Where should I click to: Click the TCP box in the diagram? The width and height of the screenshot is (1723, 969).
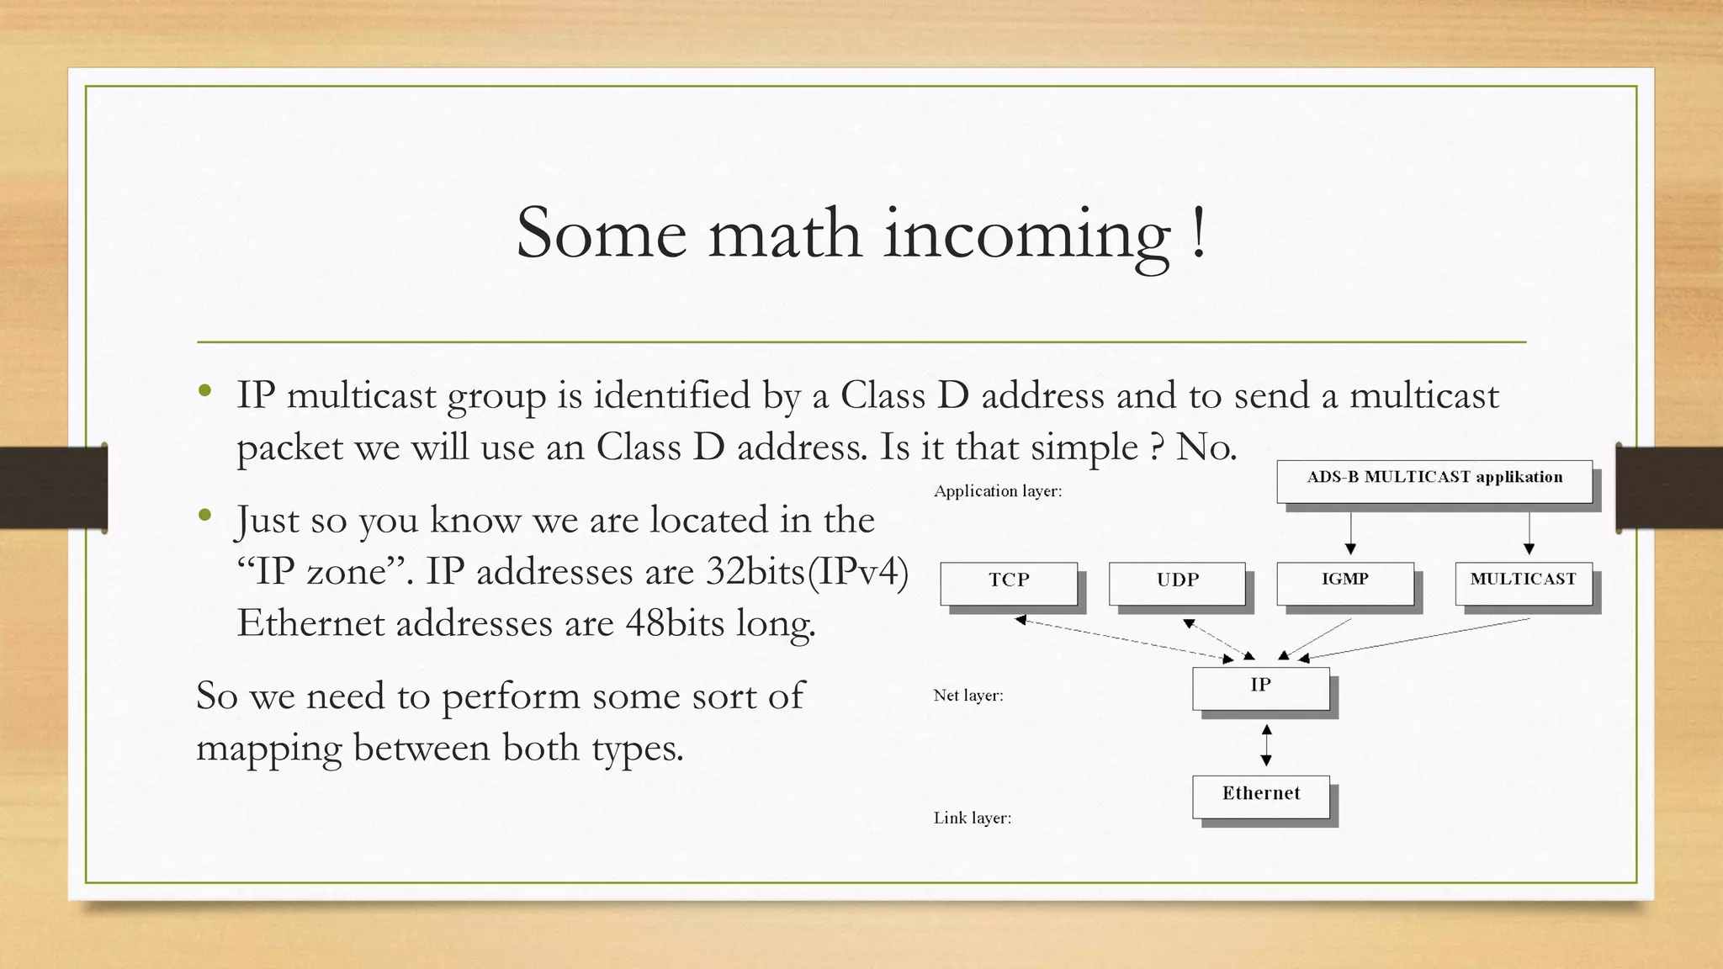[x=1008, y=582]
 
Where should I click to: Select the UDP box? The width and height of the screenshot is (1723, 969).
[x=1177, y=582]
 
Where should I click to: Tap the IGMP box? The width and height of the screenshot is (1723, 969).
[x=1344, y=582]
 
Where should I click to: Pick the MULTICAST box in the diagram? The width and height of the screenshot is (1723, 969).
[x=1524, y=582]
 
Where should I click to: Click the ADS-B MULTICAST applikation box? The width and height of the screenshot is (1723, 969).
[x=1434, y=480]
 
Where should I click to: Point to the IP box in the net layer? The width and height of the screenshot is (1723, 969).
[x=1260, y=687]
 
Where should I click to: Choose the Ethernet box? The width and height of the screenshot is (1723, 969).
[x=1260, y=796]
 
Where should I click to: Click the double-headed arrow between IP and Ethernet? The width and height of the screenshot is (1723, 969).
[x=1266, y=744]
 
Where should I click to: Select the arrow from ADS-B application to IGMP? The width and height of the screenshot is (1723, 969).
[x=1350, y=532]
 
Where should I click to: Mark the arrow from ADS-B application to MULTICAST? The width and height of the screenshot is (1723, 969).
[x=1529, y=532]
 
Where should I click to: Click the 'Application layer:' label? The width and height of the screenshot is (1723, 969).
[x=998, y=491]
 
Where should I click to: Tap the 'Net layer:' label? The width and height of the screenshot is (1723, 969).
[x=968, y=696]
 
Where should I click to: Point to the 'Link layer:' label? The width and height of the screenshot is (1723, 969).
[x=972, y=818]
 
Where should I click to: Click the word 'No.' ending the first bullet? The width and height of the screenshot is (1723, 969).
[x=1206, y=447]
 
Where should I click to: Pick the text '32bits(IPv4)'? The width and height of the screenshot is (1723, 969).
[x=807, y=572]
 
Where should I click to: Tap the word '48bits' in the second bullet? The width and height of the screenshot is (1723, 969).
[x=675, y=623]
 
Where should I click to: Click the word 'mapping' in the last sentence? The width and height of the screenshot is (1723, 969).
[x=268, y=748]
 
